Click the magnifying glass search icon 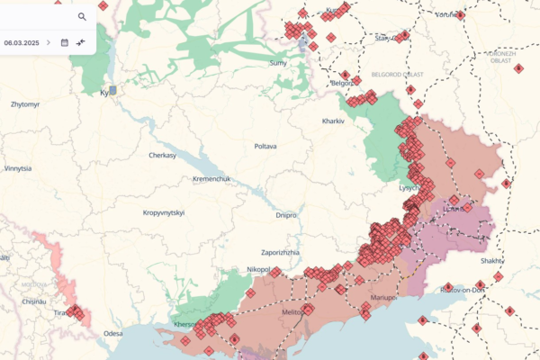[82, 16]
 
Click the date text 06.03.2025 [21, 42]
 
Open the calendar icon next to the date [64, 42]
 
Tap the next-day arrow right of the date [49, 42]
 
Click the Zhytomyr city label [24, 104]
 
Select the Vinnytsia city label [18, 168]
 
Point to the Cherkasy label [166, 155]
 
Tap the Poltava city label [265, 146]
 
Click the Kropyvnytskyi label [164, 212]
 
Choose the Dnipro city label [286, 215]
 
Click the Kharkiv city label [334, 121]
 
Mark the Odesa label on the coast [112, 333]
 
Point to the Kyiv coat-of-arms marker [112, 90]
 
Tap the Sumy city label [278, 63]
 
